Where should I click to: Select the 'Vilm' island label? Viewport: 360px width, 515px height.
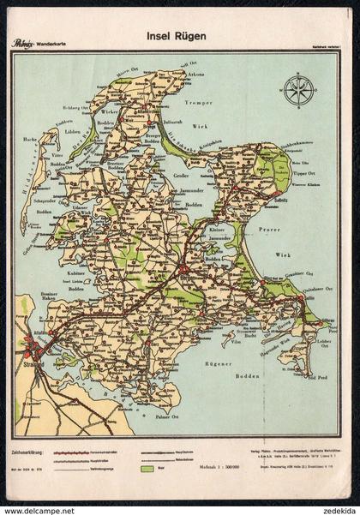tap(233, 317)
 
